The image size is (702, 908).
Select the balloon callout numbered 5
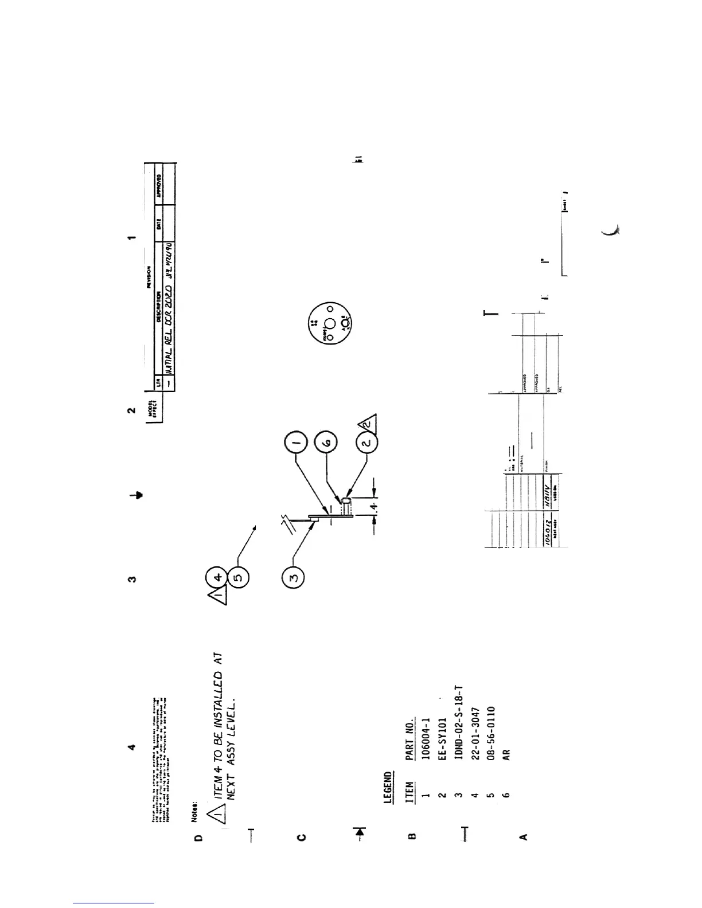point(238,578)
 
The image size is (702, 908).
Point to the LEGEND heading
point(388,788)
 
